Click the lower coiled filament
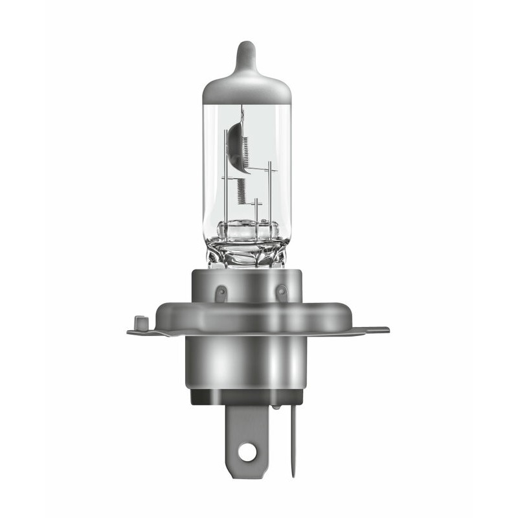point(241,189)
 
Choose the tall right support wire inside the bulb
point(268,194)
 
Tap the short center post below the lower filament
point(256,210)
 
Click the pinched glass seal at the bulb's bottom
point(246,249)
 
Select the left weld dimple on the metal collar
point(221,293)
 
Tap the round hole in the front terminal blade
point(247,453)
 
